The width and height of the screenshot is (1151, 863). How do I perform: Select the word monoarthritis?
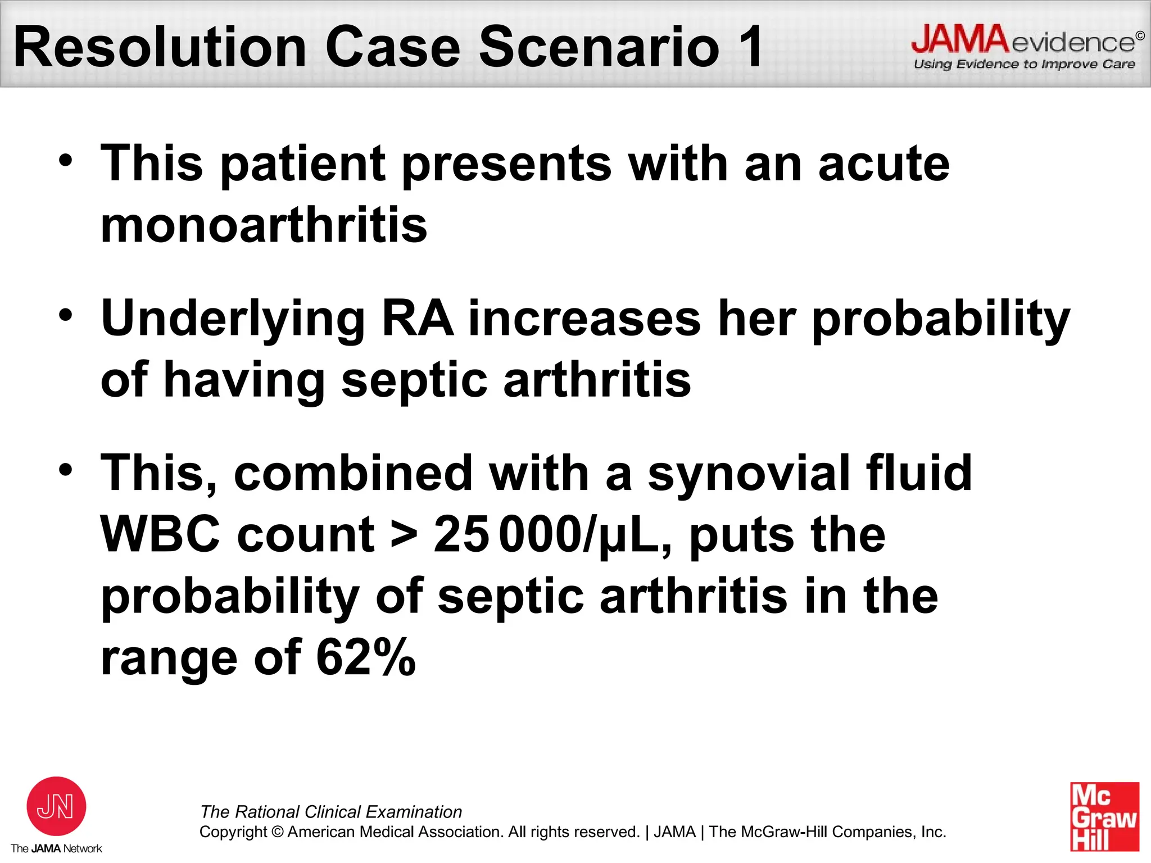[264, 225]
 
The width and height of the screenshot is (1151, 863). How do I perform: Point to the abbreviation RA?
[418, 319]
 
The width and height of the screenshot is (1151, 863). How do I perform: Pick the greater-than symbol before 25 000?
[404, 534]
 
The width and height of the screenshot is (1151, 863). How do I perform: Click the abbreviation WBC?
[160, 534]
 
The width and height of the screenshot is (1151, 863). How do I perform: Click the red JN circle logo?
[56, 806]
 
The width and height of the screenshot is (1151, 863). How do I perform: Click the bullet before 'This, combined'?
[66, 469]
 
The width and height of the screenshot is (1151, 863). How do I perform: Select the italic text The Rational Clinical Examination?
[331, 812]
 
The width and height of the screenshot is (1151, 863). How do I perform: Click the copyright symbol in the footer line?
[278, 832]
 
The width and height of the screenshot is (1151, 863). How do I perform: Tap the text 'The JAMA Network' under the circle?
[56, 848]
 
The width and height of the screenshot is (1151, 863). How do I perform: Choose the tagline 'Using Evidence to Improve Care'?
[1024, 64]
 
